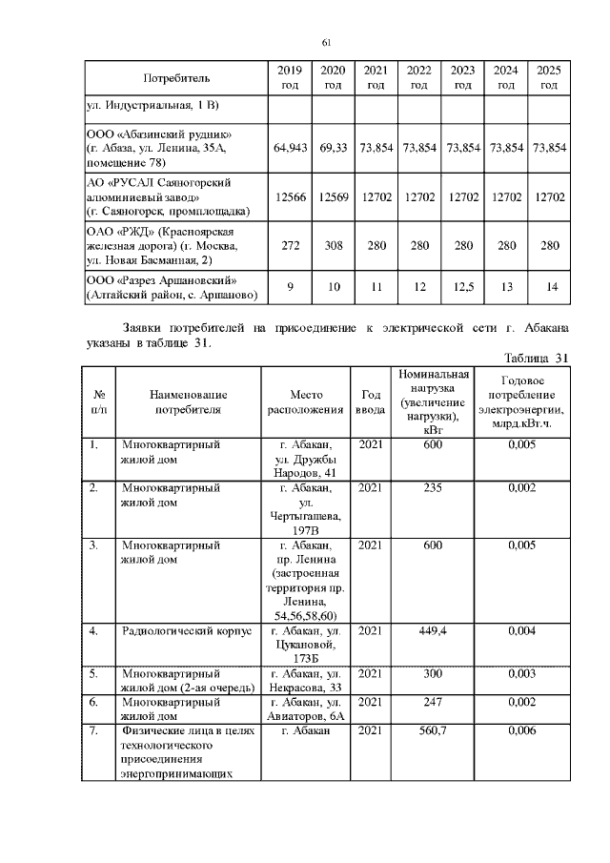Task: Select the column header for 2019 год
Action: coord(288,77)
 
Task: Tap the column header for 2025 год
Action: coord(548,77)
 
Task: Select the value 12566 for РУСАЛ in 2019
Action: coord(288,196)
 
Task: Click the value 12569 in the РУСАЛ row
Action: coord(333,196)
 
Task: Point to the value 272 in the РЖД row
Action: coord(288,246)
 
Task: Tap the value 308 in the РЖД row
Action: coord(333,246)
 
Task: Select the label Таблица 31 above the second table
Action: coord(535,358)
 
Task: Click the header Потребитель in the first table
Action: coord(176,77)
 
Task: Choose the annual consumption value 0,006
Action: coord(523,730)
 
